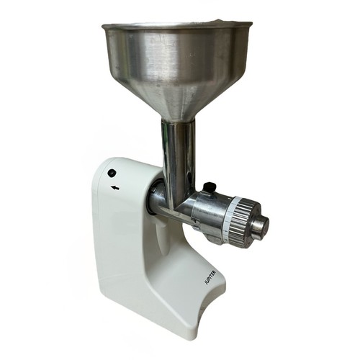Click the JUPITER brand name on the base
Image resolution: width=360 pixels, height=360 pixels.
[210, 277]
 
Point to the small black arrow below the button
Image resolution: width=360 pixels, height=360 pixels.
[116, 188]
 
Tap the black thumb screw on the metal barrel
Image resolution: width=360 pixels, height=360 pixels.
[210, 186]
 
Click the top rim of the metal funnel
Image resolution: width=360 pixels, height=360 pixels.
[177, 24]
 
